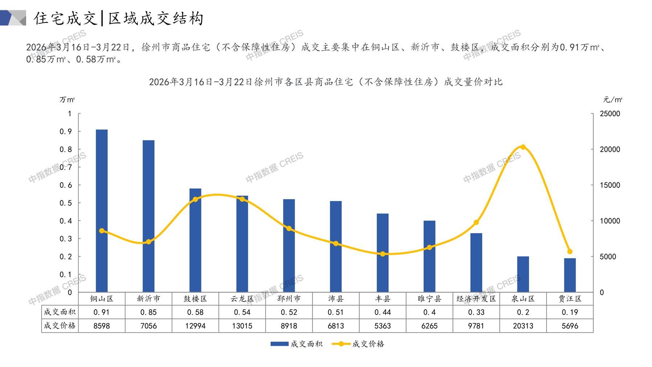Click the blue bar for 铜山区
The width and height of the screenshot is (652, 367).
point(102,211)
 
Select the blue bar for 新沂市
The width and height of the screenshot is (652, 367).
point(148,216)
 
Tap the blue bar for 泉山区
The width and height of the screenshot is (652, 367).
point(523,274)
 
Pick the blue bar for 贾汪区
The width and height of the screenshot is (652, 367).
point(570,275)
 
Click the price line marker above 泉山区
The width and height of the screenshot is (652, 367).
point(523,147)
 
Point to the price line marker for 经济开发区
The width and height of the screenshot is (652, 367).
point(476,222)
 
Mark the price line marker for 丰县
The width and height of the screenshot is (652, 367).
point(382,254)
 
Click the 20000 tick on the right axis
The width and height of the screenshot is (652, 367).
point(610,149)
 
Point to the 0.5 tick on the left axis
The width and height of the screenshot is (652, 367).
point(66,203)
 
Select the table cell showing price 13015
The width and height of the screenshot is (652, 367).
point(242,326)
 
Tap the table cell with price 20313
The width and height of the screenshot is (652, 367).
point(523,326)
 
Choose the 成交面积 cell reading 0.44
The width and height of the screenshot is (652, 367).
point(382,312)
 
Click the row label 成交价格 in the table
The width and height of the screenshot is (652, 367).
point(60,326)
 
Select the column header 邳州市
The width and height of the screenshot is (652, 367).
point(289,299)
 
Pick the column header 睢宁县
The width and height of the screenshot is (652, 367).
point(429,299)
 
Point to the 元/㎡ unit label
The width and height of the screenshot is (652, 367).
point(612,99)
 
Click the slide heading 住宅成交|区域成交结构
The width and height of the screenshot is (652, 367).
point(119,18)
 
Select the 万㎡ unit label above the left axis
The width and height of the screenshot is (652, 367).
point(67,99)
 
